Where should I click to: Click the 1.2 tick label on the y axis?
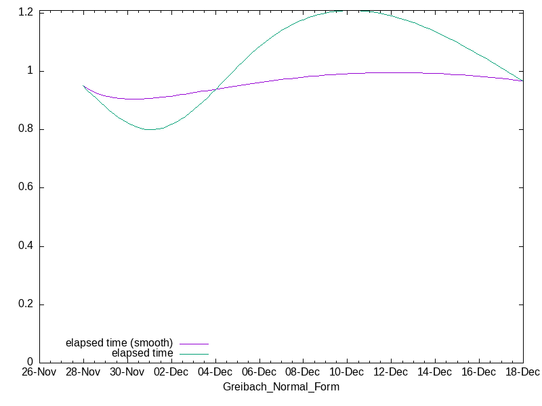pos(26,13)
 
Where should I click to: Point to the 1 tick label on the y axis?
pos(30,71)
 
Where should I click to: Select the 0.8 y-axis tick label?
pos(26,129)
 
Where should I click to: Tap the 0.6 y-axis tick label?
pos(26,187)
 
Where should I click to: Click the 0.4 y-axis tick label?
pos(26,246)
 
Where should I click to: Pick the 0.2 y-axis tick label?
pos(26,304)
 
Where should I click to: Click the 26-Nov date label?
pos(39,373)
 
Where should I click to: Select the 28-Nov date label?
pos(83,373)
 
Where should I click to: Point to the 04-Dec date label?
pos(215,373)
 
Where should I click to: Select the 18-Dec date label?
pos(522,373)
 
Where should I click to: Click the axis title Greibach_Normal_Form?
pos(281,387)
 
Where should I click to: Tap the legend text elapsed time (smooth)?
pos(119,342)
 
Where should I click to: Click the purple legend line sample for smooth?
pos(194,344)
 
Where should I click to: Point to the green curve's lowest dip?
pos(150,129)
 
